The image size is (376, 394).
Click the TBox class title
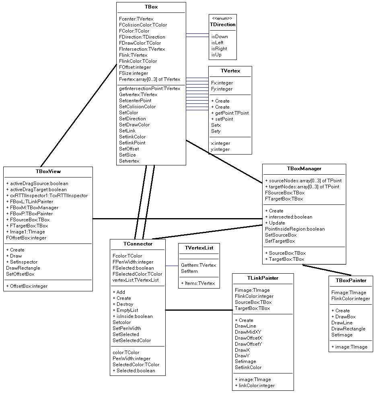point(151,7)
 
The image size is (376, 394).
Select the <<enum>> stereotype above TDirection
point(222,19)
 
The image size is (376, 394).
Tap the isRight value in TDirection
point(219,49)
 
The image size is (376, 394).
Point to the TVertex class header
point(230,71)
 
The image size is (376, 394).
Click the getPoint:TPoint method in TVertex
point(230,113)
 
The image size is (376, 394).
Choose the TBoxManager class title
point(304,169)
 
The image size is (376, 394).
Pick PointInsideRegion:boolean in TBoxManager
point(295,229)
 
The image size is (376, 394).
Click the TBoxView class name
point(48,171)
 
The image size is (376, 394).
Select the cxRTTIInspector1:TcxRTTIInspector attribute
point(47,196)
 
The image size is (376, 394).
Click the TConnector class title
point(138,244)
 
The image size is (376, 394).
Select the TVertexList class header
point(199,248)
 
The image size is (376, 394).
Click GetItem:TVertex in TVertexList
point(199,265)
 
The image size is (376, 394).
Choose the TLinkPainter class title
point(263,278)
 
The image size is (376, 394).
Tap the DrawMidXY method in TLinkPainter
point(248,332)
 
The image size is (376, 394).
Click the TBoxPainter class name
point(351,281)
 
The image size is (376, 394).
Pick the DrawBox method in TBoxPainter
point(343,317)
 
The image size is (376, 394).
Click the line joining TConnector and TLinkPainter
point(199,310)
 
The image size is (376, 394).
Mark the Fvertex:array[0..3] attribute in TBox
point(150,79)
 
